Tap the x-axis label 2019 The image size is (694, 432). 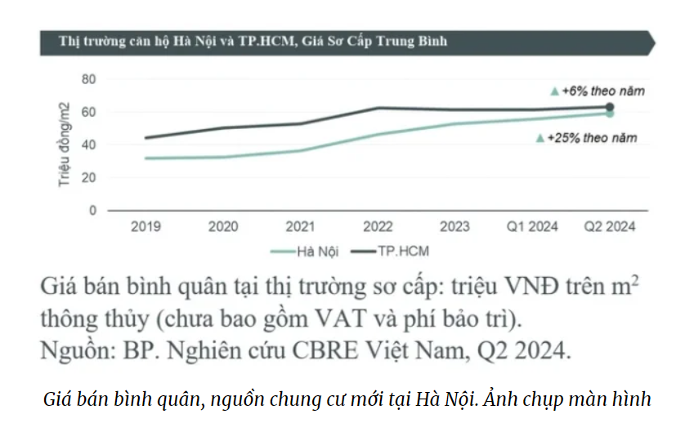point(146,226)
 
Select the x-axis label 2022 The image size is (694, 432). point(377,226)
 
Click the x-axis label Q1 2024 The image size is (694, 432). point(531,226)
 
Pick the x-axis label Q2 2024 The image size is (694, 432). point(609,226)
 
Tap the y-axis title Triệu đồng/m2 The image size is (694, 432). point(65,145)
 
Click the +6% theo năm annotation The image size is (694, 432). point(601,91)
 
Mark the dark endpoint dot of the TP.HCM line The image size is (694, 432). point(610,107)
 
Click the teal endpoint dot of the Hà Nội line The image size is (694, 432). point(610,114)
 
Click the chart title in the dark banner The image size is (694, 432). point(253,41)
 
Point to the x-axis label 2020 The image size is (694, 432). point(223,226)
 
